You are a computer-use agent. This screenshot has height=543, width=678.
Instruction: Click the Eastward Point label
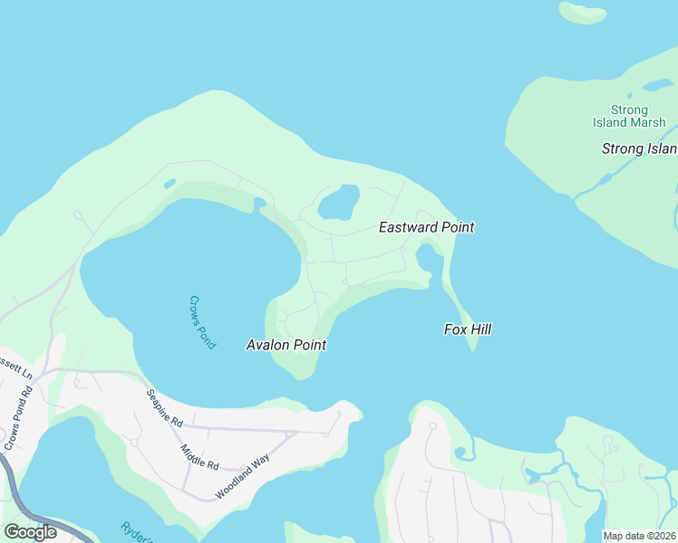point(426,228)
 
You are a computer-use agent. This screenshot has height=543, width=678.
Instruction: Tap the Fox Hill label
point(468,329)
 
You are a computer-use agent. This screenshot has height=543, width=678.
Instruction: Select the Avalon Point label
point(286,345)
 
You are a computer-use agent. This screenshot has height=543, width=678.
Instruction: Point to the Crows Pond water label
point(202,321)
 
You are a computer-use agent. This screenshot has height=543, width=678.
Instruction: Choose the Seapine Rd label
point(166,410)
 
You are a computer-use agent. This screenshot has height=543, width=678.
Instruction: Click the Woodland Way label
point(243,477)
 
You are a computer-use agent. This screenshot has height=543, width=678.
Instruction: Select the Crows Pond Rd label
point(17,419)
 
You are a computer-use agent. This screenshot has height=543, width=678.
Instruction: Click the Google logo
point(30,531)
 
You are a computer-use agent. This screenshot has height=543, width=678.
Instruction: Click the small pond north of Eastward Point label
point(340,202)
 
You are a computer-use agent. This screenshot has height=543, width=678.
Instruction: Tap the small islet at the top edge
point(582,13)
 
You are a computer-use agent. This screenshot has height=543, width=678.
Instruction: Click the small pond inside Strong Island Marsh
point(656,86)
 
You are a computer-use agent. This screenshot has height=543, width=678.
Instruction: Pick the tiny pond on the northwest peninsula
point(169,184)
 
